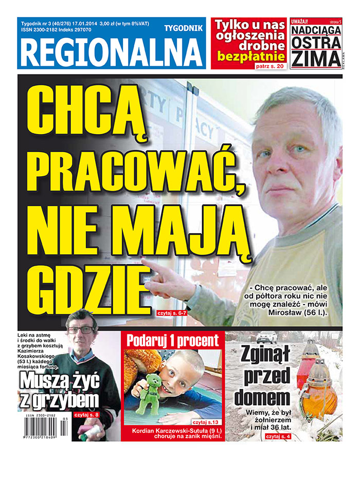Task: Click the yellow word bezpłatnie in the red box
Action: [250, 55]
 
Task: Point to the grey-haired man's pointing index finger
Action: [146, 264]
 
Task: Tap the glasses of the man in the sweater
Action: [81, 330]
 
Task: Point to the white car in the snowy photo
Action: [267, 337]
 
